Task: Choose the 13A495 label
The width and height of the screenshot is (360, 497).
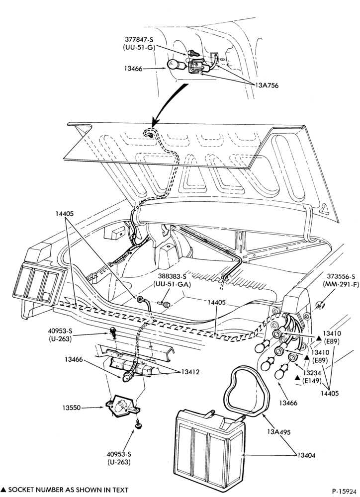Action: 278,432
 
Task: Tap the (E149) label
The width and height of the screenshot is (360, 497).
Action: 312,380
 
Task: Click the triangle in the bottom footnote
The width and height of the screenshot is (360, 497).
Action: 4,490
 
